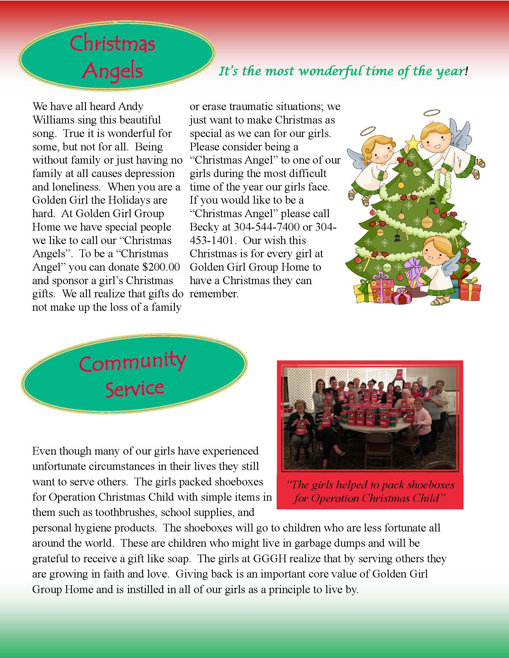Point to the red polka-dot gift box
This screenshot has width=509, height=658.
click(x=381, y=288)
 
